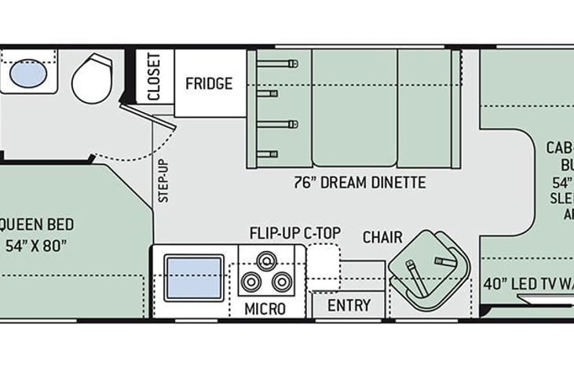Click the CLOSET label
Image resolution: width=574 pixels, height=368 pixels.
(154, 77)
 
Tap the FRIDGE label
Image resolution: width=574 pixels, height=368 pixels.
(209, 83)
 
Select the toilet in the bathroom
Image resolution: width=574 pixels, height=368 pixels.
(93, 78)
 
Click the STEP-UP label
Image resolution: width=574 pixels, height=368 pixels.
(163, 181)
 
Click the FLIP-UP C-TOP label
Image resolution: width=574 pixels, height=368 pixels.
(294, 232)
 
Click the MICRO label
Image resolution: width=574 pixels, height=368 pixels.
(265, 308)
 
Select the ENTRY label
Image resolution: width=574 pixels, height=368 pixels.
(349, 305)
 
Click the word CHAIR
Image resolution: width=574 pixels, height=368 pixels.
(382, 237)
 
